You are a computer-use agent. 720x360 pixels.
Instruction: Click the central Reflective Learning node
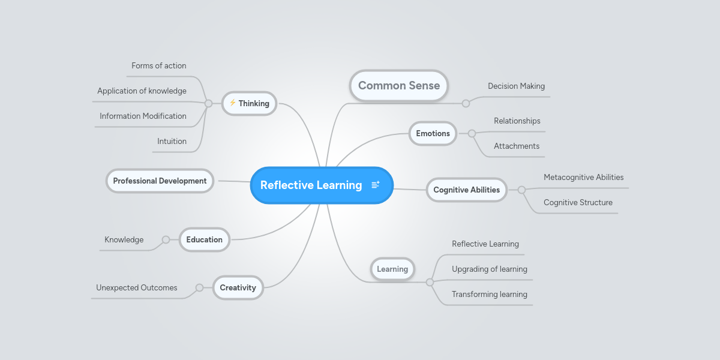[x=311, y=185]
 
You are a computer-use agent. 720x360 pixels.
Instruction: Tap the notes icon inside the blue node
[x=376, y=185]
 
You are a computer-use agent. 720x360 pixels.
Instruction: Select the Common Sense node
[x=399, y=85]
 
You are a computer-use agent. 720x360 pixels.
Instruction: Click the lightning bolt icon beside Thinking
[x=232, y=103]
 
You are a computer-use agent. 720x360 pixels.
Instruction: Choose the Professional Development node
[x=160, y=181]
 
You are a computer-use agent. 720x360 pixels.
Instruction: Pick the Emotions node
[x=433, y=133]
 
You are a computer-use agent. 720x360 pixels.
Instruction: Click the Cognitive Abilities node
[x=466, y=190]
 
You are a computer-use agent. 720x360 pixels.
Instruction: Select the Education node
[x=204, y=239]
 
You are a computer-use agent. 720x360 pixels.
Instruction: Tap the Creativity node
[x=238, y=287]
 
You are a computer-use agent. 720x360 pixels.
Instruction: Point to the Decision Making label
[x=516, y=86]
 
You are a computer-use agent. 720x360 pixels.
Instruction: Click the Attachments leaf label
[x=516, y=146]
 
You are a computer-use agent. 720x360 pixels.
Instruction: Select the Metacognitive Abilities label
[x=583, y=177]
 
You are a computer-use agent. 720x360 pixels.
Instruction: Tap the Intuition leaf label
[x=172, y=141]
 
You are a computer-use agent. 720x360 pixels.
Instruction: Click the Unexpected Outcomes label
[x=136, y=287]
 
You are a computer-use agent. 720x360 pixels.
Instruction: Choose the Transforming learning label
[x=489, y=294]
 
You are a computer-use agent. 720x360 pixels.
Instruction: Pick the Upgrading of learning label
[x=489, y=269]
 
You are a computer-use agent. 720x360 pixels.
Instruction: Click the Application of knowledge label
[x=142, y=91]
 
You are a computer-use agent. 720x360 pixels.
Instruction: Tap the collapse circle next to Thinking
[x=208, y=103]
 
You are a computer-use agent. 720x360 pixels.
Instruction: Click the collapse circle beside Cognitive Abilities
[x=521, y=190]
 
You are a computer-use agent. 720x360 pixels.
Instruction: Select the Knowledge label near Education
[x=124, y=239]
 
